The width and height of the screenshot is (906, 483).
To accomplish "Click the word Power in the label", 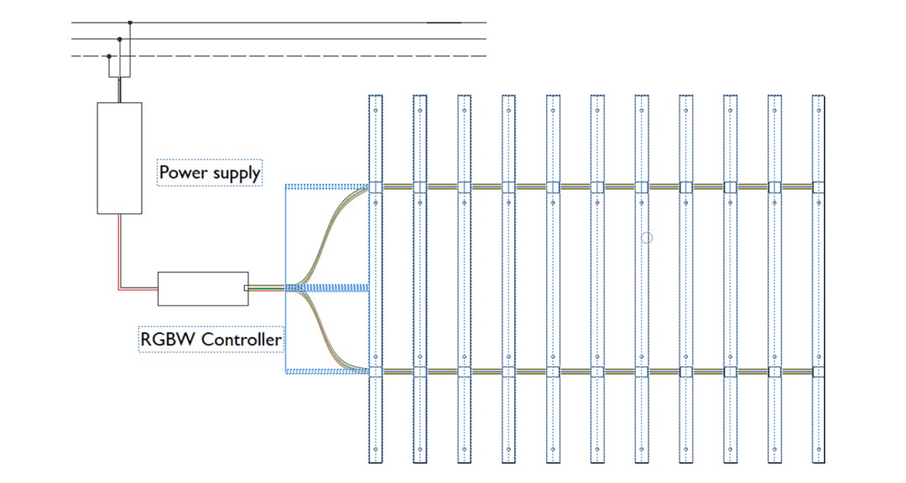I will coord(181,173).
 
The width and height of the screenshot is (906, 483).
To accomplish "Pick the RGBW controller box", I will coord(203,288).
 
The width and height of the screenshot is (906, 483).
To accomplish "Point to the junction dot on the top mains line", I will coord(129,23).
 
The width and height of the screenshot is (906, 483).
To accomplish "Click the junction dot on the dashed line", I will coord(109,56).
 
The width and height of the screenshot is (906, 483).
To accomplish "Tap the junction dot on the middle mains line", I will coord(119,39).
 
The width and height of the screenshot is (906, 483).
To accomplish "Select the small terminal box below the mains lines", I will coord(119,67).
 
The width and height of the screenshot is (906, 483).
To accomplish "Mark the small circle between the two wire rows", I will coord(646,238).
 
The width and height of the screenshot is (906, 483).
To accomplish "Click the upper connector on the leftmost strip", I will coord(376,187).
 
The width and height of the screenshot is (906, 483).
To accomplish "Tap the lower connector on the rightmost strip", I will coord(819,371).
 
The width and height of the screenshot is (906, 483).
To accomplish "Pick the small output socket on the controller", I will coord(246,288).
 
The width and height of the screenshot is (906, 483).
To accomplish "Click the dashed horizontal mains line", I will coord(294,56).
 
